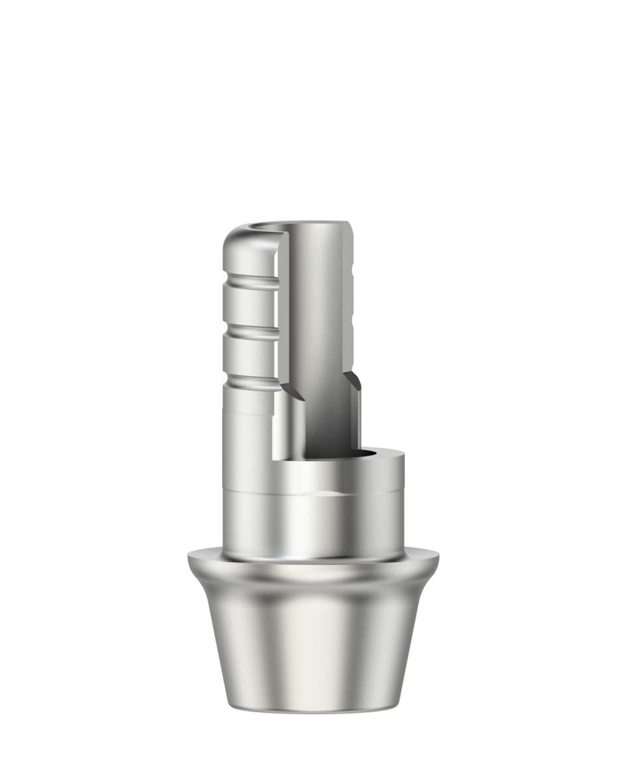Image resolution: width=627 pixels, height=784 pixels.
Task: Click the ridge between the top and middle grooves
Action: [249, 307]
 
